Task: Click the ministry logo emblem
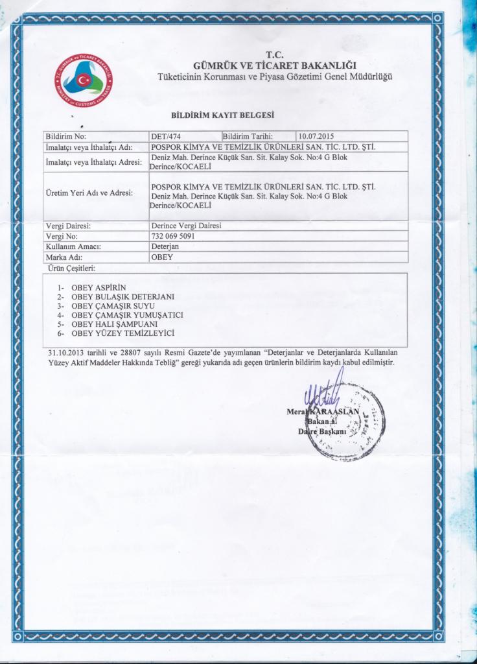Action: click(x=82, y=80)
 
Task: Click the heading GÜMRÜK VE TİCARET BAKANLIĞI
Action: click(x=274, y=65)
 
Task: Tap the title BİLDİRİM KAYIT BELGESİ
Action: click(x=222, y=115)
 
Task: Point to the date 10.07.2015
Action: click(x=316, y=137)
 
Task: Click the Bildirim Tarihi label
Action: click(x=248, y=137)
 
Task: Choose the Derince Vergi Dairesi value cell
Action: click(x=185, y=226)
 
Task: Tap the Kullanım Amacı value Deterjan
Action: click(x=165, y=246)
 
